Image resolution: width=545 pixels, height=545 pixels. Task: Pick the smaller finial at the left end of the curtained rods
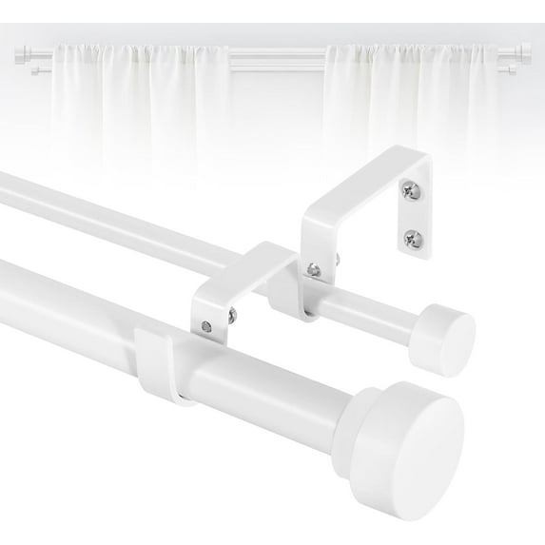point(33,68)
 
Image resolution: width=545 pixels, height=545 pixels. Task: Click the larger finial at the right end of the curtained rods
point(525,52)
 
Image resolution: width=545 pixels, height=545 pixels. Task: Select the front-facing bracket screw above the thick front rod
point(205,327)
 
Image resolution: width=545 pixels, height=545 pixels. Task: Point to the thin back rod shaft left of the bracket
point(114,209)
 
